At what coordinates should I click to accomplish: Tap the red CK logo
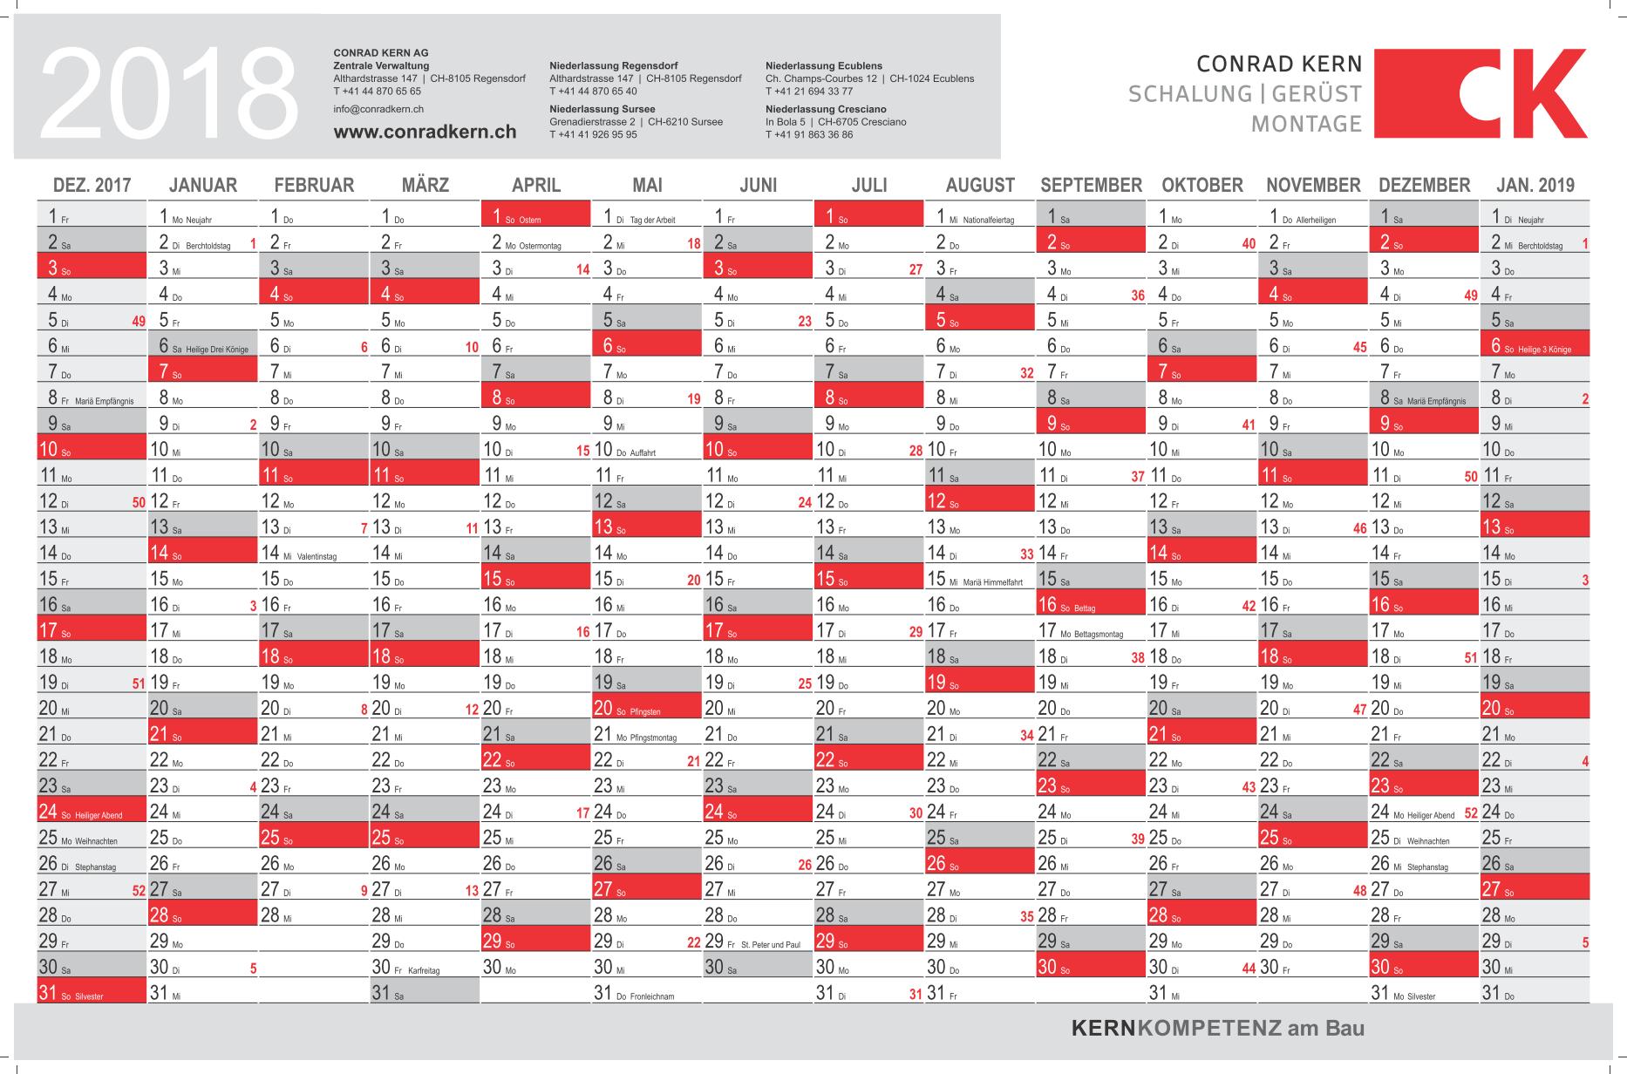pos(1481,93)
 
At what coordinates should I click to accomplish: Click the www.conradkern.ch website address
pos(425,133)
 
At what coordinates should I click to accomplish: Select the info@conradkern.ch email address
pos(378,109)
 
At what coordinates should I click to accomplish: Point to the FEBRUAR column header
pos(314,185)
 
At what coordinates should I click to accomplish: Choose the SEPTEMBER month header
pos(1091,185)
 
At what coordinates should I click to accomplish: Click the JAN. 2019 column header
pos(1535,185)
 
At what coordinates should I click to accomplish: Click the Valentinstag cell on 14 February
pos(314,553)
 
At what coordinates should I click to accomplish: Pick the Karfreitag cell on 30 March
pos(424,967)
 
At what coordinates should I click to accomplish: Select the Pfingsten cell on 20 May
pos(646,708)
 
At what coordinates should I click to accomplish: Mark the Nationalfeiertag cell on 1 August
pos(980,216)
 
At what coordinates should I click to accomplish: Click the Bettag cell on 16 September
pos(1090,604)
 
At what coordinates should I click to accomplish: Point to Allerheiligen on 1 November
pos(1313,216)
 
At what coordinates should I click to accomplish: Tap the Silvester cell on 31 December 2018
pos(1424,992)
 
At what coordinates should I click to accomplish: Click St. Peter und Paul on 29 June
pos(757,941)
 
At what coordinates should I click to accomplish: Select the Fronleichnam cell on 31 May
pos(646,992)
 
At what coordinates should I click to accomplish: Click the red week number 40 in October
pos(1249,244)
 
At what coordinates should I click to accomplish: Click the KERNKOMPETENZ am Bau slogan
pos(1217,1029)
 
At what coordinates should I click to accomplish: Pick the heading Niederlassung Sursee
pos(602,109)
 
